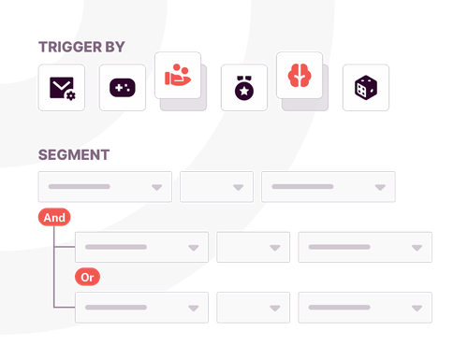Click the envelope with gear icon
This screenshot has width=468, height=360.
coord(62,88)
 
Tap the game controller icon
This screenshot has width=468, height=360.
coord(123,88)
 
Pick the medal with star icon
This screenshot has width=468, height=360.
coord(242,88)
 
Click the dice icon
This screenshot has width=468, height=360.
coord(365,88)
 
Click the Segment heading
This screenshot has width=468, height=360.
coord(73,154)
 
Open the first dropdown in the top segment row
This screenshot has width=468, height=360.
coord(104,187)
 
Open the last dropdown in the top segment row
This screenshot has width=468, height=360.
coord(328,187)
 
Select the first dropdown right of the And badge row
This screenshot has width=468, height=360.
coord(141,247)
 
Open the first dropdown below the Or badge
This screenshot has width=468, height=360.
coord(141,307)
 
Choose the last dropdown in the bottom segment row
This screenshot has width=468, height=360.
coord(364,307)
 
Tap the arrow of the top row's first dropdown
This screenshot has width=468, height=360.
coord(157,188)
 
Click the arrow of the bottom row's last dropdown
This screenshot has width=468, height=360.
coord(417,308)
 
